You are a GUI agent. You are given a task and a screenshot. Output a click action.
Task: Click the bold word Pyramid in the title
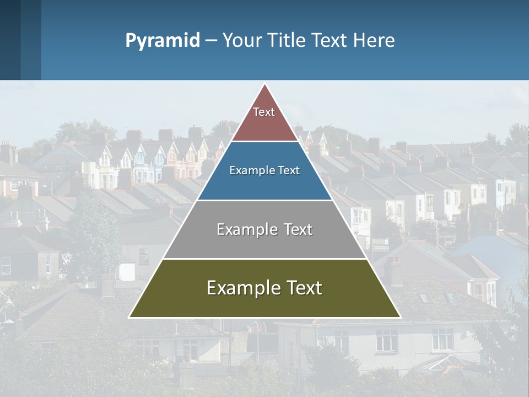(163, 41)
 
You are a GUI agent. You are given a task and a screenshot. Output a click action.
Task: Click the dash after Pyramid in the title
(210, 41)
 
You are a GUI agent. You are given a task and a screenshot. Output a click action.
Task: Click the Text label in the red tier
(264, 112)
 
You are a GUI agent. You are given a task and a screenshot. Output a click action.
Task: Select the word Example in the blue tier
(251, 170)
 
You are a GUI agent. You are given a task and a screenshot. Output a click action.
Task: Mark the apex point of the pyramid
(265, 84)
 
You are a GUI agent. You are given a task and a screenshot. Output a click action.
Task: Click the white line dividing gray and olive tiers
(264, 259)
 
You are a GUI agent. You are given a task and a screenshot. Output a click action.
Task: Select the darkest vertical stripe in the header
(10, 40)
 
